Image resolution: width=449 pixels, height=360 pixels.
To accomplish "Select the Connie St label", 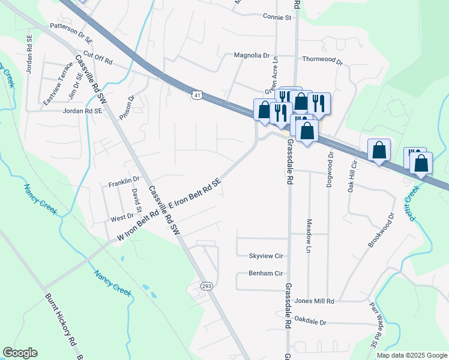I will click(277, 17).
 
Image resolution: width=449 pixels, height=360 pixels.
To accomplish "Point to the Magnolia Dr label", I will click(252, 55).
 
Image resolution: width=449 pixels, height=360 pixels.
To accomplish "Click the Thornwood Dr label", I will click(322, 61).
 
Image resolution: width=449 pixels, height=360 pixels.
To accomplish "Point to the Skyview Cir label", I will click(265, 256).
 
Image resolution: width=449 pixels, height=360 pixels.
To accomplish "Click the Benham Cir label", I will click(265, 274).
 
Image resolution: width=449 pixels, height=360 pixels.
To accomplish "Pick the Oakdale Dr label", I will click(311, 322).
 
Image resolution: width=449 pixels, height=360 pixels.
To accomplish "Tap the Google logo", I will click(20, 353).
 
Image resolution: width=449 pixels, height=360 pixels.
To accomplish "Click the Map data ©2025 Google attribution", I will click(411, 355).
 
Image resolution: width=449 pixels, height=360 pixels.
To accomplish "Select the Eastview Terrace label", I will click(58, 91).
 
